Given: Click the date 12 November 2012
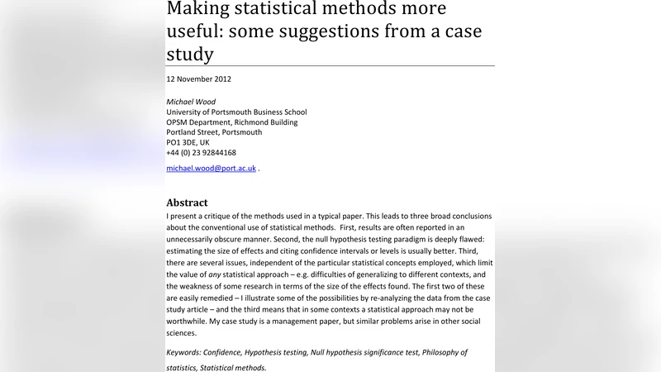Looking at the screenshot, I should tap(198, 79).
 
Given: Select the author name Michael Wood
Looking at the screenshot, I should tap(191, 102).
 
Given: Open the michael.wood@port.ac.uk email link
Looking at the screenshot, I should tap(211, 168).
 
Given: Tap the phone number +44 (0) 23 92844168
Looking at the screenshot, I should tap(201, 152).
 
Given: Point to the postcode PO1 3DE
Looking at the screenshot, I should tap(185, 142).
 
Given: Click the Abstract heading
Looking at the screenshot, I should tap(187, 203).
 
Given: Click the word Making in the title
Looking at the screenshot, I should tap(200, 9).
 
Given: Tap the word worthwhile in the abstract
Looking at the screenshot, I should tap(188, 321).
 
